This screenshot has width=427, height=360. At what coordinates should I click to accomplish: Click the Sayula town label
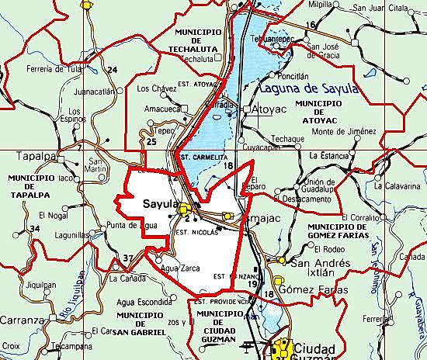coord(161,204)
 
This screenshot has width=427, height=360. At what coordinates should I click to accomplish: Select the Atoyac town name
coord(270,110)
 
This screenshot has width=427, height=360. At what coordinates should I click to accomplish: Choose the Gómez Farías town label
coord(321,289)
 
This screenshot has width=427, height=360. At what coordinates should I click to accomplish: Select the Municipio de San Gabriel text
coord(140,323)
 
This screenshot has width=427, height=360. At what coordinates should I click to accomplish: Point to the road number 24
coord(112,71)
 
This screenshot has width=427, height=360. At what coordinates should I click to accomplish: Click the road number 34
coord(34,228)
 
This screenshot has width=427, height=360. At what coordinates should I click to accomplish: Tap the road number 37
coord(128,258)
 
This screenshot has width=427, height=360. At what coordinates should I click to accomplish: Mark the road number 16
coord(311,26)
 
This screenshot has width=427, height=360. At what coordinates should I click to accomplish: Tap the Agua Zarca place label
coord(180,268)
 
